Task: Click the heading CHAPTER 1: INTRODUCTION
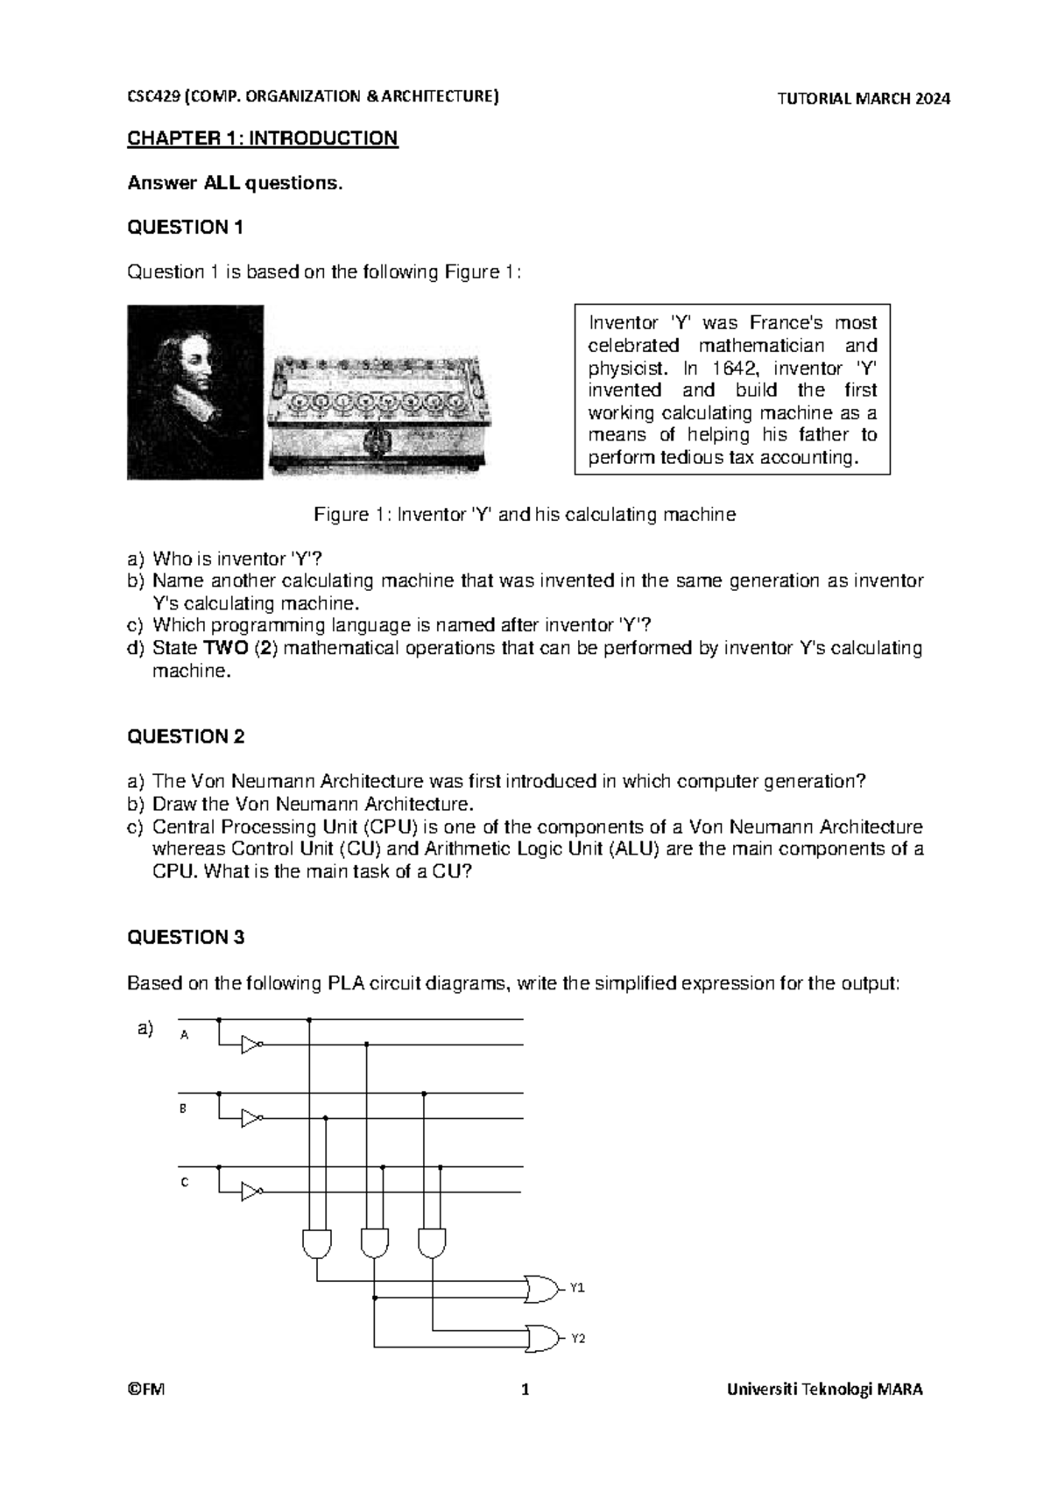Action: point(263,138)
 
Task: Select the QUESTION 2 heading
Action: point(186,736)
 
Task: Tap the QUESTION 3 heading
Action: point(186,938)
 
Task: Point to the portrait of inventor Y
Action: point(194,391)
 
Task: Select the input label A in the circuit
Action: point(184,1035)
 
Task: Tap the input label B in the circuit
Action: point(183,1108)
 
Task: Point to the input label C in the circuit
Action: point(184,1182)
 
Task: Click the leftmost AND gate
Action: point(316,1242)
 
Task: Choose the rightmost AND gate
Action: point(433,1242)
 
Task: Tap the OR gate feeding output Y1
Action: point(542,1288)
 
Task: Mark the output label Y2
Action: point(577,1339)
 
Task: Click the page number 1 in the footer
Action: point(525,1390)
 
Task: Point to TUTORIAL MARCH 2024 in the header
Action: point(864,99)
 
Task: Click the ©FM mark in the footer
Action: point(140,1390)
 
